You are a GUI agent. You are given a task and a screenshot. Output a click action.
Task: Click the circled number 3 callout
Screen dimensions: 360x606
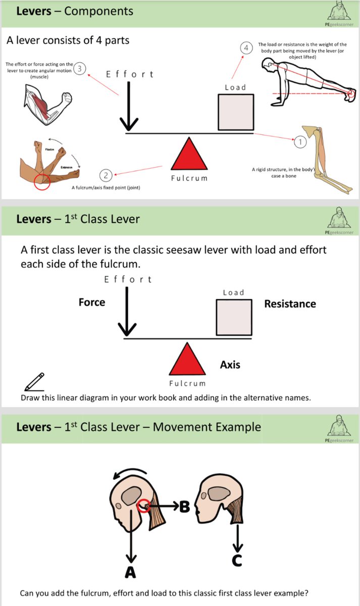80,69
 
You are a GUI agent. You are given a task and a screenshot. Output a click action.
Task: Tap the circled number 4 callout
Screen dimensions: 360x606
246,48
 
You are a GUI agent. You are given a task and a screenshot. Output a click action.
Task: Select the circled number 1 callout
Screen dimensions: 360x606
300,142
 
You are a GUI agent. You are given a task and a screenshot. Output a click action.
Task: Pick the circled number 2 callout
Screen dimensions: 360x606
106,175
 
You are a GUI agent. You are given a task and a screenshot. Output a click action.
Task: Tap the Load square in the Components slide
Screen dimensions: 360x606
235,113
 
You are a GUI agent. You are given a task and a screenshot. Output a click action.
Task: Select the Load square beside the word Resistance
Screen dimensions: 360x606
234,317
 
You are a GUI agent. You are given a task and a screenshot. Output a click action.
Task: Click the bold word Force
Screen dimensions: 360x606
92,302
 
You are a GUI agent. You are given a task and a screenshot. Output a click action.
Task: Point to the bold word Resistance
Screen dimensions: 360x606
290,304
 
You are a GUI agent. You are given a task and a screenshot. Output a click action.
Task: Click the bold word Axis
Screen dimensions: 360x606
230,364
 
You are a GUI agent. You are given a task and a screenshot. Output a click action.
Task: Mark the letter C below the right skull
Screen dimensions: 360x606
237,560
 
